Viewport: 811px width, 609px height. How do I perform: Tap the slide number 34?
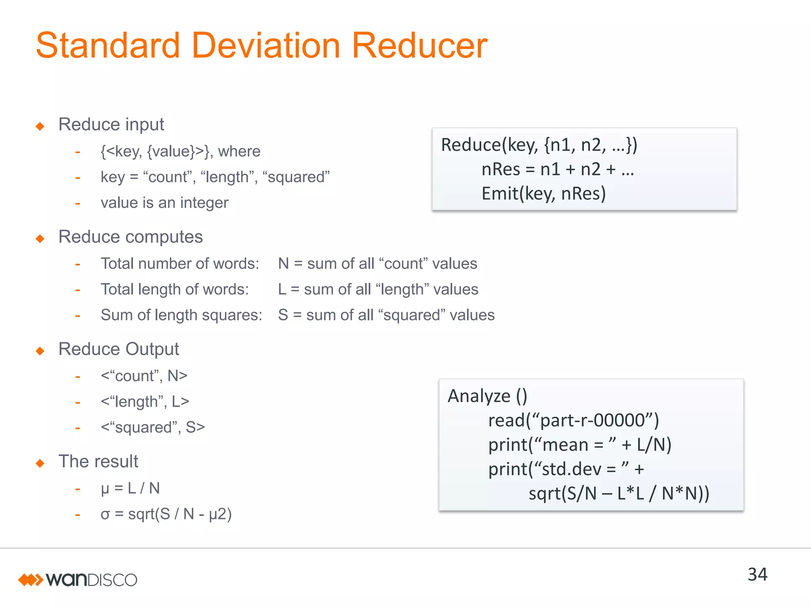(x=757, y=575)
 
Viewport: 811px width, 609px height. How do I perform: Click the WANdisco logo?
(x=78, y=580)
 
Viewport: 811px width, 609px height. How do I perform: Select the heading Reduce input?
(x=111, y=124)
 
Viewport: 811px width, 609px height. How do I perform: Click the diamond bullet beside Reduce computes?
(x=40, y=239)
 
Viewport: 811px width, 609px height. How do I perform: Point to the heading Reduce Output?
(x=118, y=349)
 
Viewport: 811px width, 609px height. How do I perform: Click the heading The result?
(x=98, y=462)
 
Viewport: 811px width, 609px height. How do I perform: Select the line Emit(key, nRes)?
(x=543, y=193)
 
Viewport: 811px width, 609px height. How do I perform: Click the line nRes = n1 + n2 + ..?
(x=558, y=169)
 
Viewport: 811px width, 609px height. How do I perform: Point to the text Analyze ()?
(x=487, y=396)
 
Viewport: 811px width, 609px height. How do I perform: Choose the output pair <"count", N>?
(x=144, y=376)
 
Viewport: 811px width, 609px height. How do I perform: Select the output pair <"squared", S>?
(x=152, y=427)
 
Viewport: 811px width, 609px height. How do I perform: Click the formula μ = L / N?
(x=130, y=488)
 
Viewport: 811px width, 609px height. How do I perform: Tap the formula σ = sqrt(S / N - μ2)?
(x=166, y=514)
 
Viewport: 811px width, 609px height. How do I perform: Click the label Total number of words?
(x=180, y=264)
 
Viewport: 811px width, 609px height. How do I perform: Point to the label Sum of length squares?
(x=181, y=315)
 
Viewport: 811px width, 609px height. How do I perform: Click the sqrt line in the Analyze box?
(x=619, y=494)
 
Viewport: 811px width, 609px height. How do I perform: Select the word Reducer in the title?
(x=419, y=46)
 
